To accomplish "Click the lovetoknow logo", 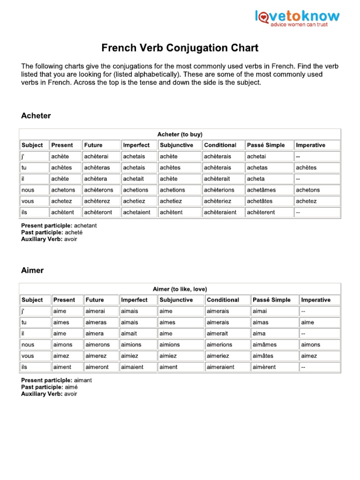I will click(x=297, y=19).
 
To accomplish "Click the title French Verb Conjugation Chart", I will click(x=180, y=48).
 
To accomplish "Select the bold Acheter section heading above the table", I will click(x=36, y=116).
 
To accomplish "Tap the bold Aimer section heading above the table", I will click(x=32, y=270).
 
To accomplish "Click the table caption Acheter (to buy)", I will click(x=180, y=134).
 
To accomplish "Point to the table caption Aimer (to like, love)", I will click(x=180, y=289).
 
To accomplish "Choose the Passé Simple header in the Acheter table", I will click(x=265, y=145).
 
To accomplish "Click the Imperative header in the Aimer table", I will click(x=315, y=300).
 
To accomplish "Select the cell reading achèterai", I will click(x=96, y=157).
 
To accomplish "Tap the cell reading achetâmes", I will click(x=261, y=190).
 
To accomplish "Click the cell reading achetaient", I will click(x=137, y=212).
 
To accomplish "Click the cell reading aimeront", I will click(x=97, y=367).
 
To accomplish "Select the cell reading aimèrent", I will click(x=265, y=367).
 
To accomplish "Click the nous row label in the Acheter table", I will click(x=28, y=190).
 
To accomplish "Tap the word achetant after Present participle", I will click(x=85, y=225).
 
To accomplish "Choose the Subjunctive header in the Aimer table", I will click(x=176, y=300).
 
